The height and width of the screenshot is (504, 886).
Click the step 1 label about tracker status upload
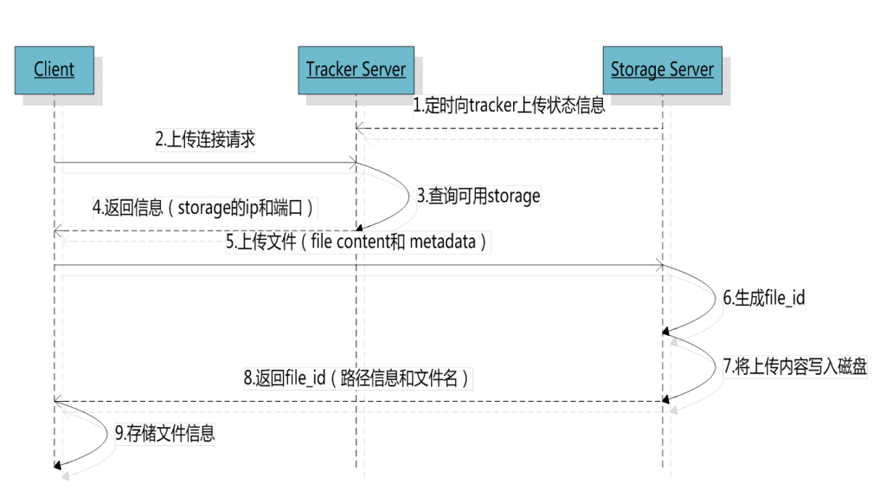pyautogui.click(x=508, y=106)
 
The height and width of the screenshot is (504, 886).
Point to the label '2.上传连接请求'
pyautogui.click(x=204, y=140)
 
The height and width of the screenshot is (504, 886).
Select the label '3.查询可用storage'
pyautogui.click(x=478, y=196)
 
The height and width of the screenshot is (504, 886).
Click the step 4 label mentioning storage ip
pyautogui.click(x=204, y=208)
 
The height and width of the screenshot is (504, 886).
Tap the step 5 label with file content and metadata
pyautogui.click(x=358, y=242)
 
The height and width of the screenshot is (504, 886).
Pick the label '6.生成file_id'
pyautogui.click(x=765, y=299)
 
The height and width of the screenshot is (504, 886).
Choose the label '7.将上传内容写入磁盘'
pyautogui.click(x=794, y=365)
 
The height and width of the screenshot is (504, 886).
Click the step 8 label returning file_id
pyautogui.click(x=358, y=378)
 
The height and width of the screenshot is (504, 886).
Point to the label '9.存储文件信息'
pyautogui.click(x=164, y=434)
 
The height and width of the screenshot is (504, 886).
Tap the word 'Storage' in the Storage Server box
pyautogui.click(x=637, y=69)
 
